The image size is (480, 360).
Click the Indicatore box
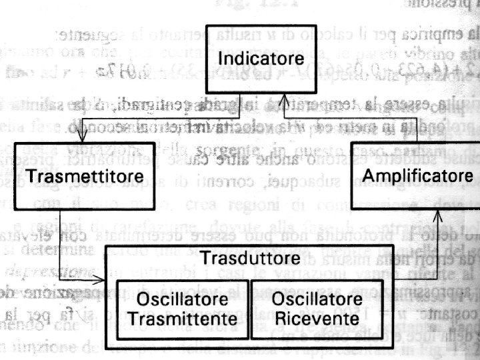click(246, 59)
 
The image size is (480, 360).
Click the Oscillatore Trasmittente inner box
click(183, 307)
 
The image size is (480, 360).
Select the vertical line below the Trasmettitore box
click(60, 233)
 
